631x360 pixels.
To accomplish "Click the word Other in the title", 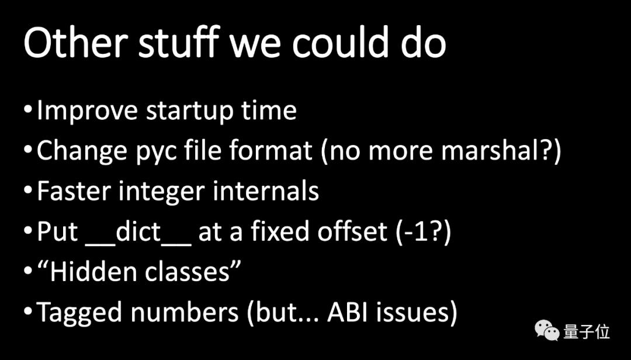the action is (75, 43).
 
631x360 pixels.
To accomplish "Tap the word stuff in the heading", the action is (179, 43).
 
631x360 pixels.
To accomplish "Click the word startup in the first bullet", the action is (190, 111).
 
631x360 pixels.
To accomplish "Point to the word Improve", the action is (87, 110).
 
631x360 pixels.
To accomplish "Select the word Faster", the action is (73, 191).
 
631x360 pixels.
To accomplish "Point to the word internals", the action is (266, 191).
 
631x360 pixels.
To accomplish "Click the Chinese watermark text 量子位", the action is (587, 331).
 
